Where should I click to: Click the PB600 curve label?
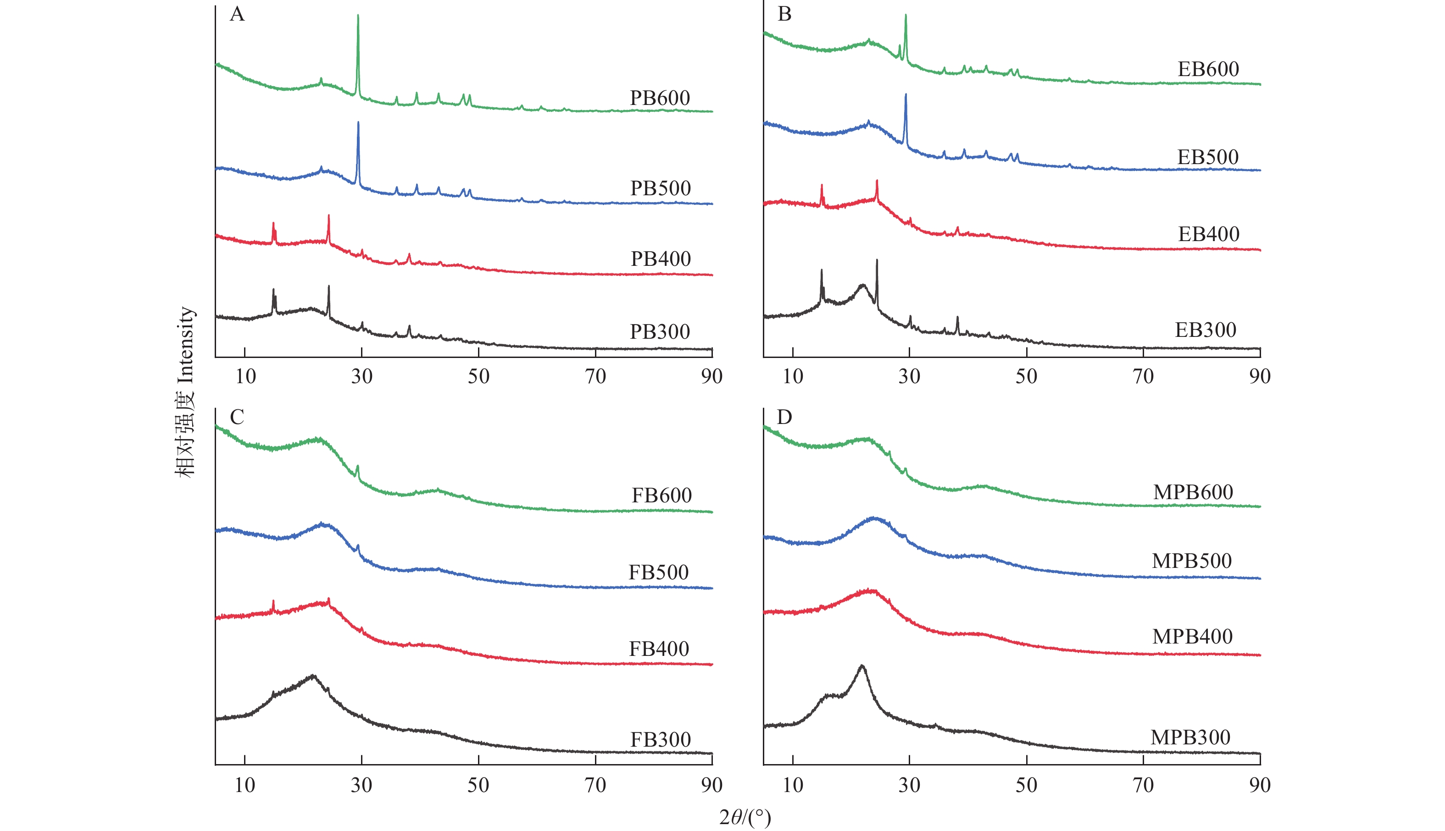(660, 98)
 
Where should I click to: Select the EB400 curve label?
(1209, 234)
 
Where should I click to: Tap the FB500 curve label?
(659, 572)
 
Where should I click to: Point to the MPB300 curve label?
(1190, 737)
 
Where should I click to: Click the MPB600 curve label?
(1193, 492)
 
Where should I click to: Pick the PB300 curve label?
(660, 331)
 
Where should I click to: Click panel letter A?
(237, 14)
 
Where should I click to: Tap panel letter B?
(785, 14)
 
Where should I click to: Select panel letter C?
(237, 417)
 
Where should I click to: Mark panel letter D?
(785, 417)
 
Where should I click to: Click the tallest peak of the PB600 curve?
(358, 16)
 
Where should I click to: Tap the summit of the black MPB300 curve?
(862, 666)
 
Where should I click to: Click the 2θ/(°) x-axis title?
(745, 817)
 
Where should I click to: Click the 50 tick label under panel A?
(478, 376)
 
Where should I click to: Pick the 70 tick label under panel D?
(1144, 785)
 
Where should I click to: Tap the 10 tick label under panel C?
(245, 785)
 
